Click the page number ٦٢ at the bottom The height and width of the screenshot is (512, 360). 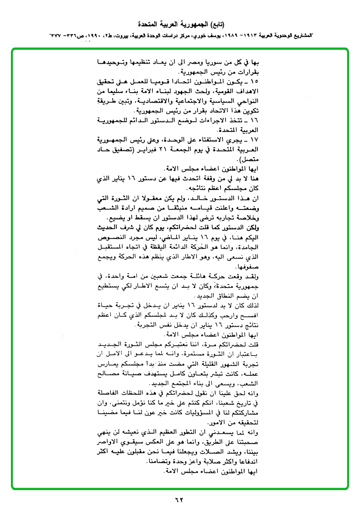coord(180,500)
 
